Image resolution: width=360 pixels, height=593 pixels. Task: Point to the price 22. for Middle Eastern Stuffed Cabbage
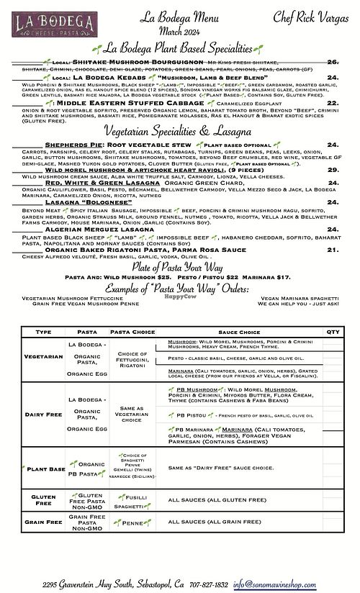333,104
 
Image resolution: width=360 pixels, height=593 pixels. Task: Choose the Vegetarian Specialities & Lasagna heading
180,132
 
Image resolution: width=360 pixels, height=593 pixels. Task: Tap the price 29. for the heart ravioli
333,169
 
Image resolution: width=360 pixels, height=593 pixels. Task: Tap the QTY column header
333,332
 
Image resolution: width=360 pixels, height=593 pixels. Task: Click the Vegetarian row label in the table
43,356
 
